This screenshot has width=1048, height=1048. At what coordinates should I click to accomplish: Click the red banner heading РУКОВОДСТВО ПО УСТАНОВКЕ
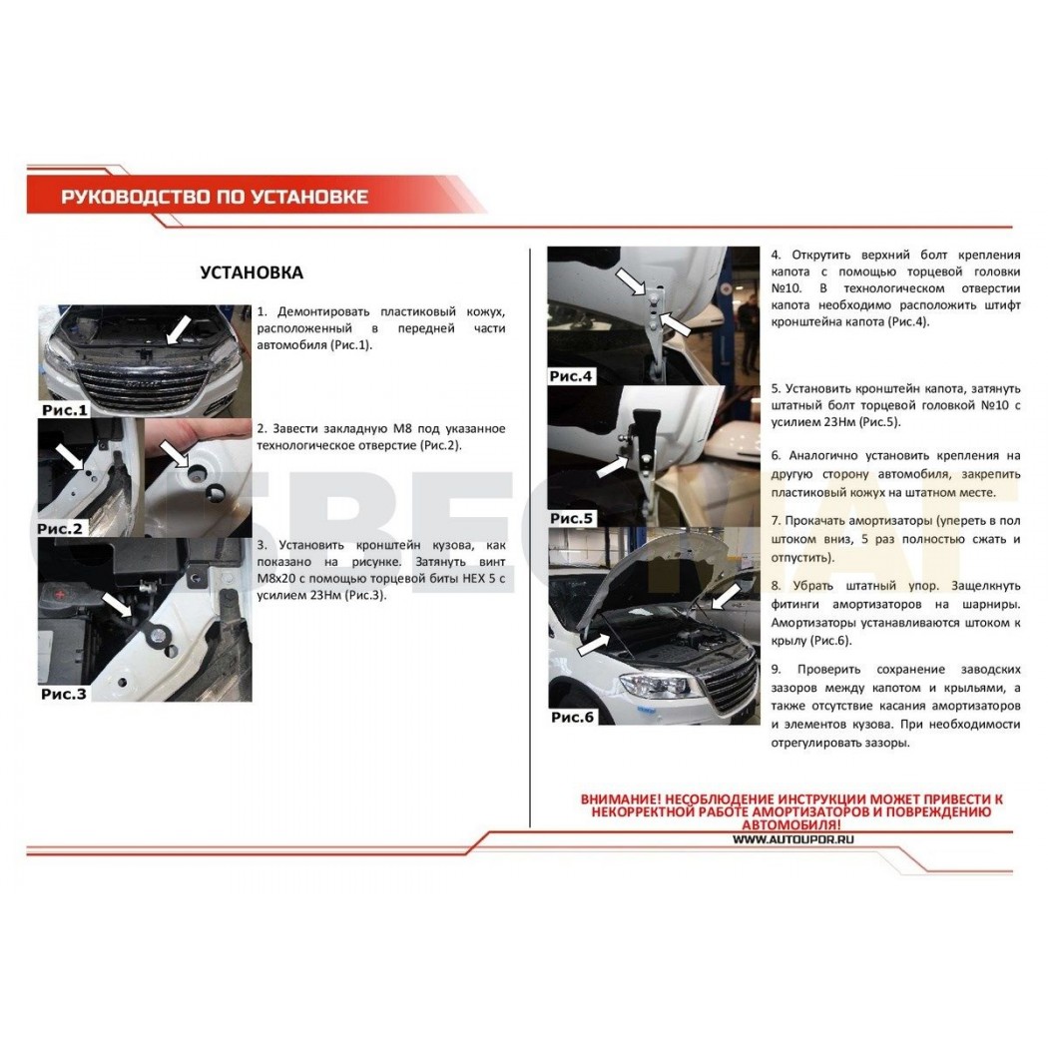(215, 197)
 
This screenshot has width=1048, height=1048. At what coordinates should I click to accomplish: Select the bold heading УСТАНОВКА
(252, 272)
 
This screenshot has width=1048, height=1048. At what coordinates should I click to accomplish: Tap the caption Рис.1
(65, 409)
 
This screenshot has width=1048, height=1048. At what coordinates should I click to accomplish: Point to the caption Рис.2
(60, 528)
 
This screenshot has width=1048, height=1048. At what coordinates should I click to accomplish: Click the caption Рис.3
(64, 694)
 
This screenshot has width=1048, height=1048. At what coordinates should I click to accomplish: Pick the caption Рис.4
(571, 376)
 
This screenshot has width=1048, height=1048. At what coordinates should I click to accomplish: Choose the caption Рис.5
(572, 518)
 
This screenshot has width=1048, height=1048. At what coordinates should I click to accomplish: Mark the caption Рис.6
(572, 718)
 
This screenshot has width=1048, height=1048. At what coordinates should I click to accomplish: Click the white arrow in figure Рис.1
(179, 330)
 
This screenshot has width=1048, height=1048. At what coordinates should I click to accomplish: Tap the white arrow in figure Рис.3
(117, 605)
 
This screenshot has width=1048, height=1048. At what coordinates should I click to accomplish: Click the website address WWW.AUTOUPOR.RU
(793, 840)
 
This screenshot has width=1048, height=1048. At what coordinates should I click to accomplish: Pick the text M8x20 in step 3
(276, 578)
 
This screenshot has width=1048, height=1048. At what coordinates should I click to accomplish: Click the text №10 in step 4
(786, 288)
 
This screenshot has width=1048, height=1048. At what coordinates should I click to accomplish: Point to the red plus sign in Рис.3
(61, 594)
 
